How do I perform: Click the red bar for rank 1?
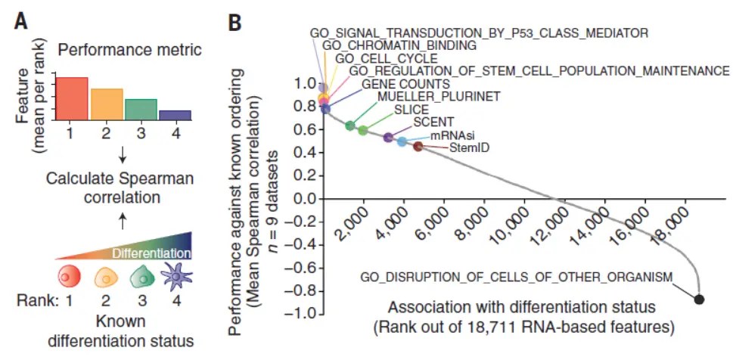click(72, 98)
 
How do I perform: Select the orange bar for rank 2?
click(107, 104)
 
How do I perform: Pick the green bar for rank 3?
click(141, 109)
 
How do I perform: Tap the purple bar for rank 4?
click(175, 115)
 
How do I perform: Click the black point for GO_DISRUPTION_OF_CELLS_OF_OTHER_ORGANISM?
click(699, 299)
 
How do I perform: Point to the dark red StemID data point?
click(418, 146)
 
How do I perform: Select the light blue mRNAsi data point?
click(402, 141)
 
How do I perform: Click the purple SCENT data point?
click(388, 138)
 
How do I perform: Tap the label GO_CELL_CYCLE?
click(386, 58)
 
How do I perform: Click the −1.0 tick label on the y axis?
click(300, 315)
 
